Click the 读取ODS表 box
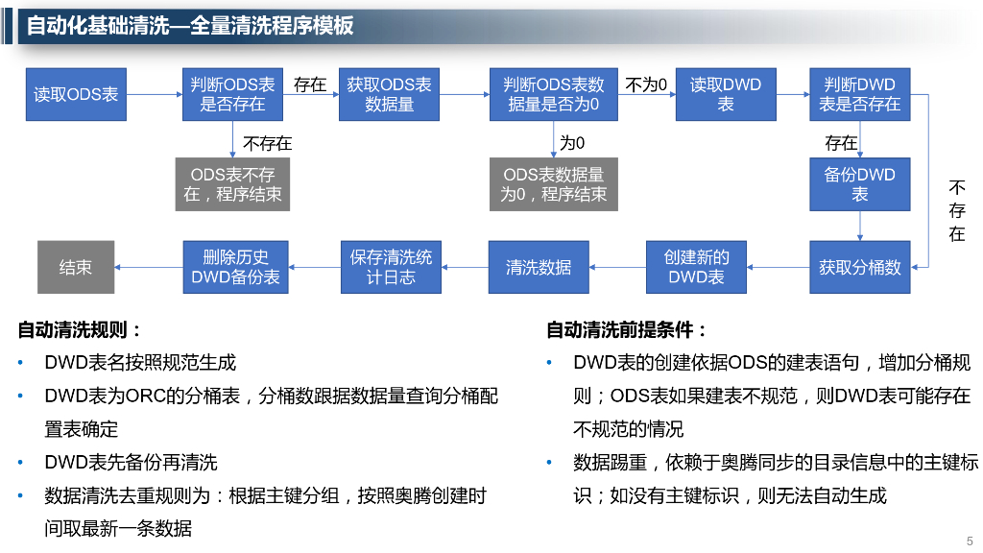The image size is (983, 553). pyautogui.click(x=76, y=94)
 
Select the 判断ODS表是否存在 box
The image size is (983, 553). pyautogui.click(x=232, y=94)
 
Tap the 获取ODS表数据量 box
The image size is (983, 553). pyautogui.click(x=389, y=94)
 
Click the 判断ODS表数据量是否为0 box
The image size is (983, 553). pyautogui.click(x=553, y=94)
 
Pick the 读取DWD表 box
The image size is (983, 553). pyautogui.click(x=725, y=94)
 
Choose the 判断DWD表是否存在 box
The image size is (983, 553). pyautogui.click(x=859, y=94)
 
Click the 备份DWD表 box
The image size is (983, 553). pyautogui.click(x=859, y=184)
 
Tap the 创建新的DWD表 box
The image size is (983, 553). pyautogui.click(x=696, y=267)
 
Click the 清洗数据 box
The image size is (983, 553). pyautogui.click(x=539, y=267)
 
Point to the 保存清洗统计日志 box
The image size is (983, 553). pyautogui.click(x=391, y=267)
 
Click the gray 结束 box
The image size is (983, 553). pyautogui.click(x=76, y=267)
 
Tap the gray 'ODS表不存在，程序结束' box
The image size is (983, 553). pyautogui.click(x=232, y=184)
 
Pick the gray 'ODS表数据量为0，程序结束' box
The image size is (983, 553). pyautogui.click(x=553, y=184)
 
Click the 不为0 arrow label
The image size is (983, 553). pyautogui.click(x=646, y=84)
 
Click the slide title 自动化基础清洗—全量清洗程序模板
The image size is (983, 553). pyautogui.click(x=190, y=26)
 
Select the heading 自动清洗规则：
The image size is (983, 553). pyautogui.click(x=80, y=330)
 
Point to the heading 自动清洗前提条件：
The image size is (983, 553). pyautogui.click(x=627, y=330)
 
